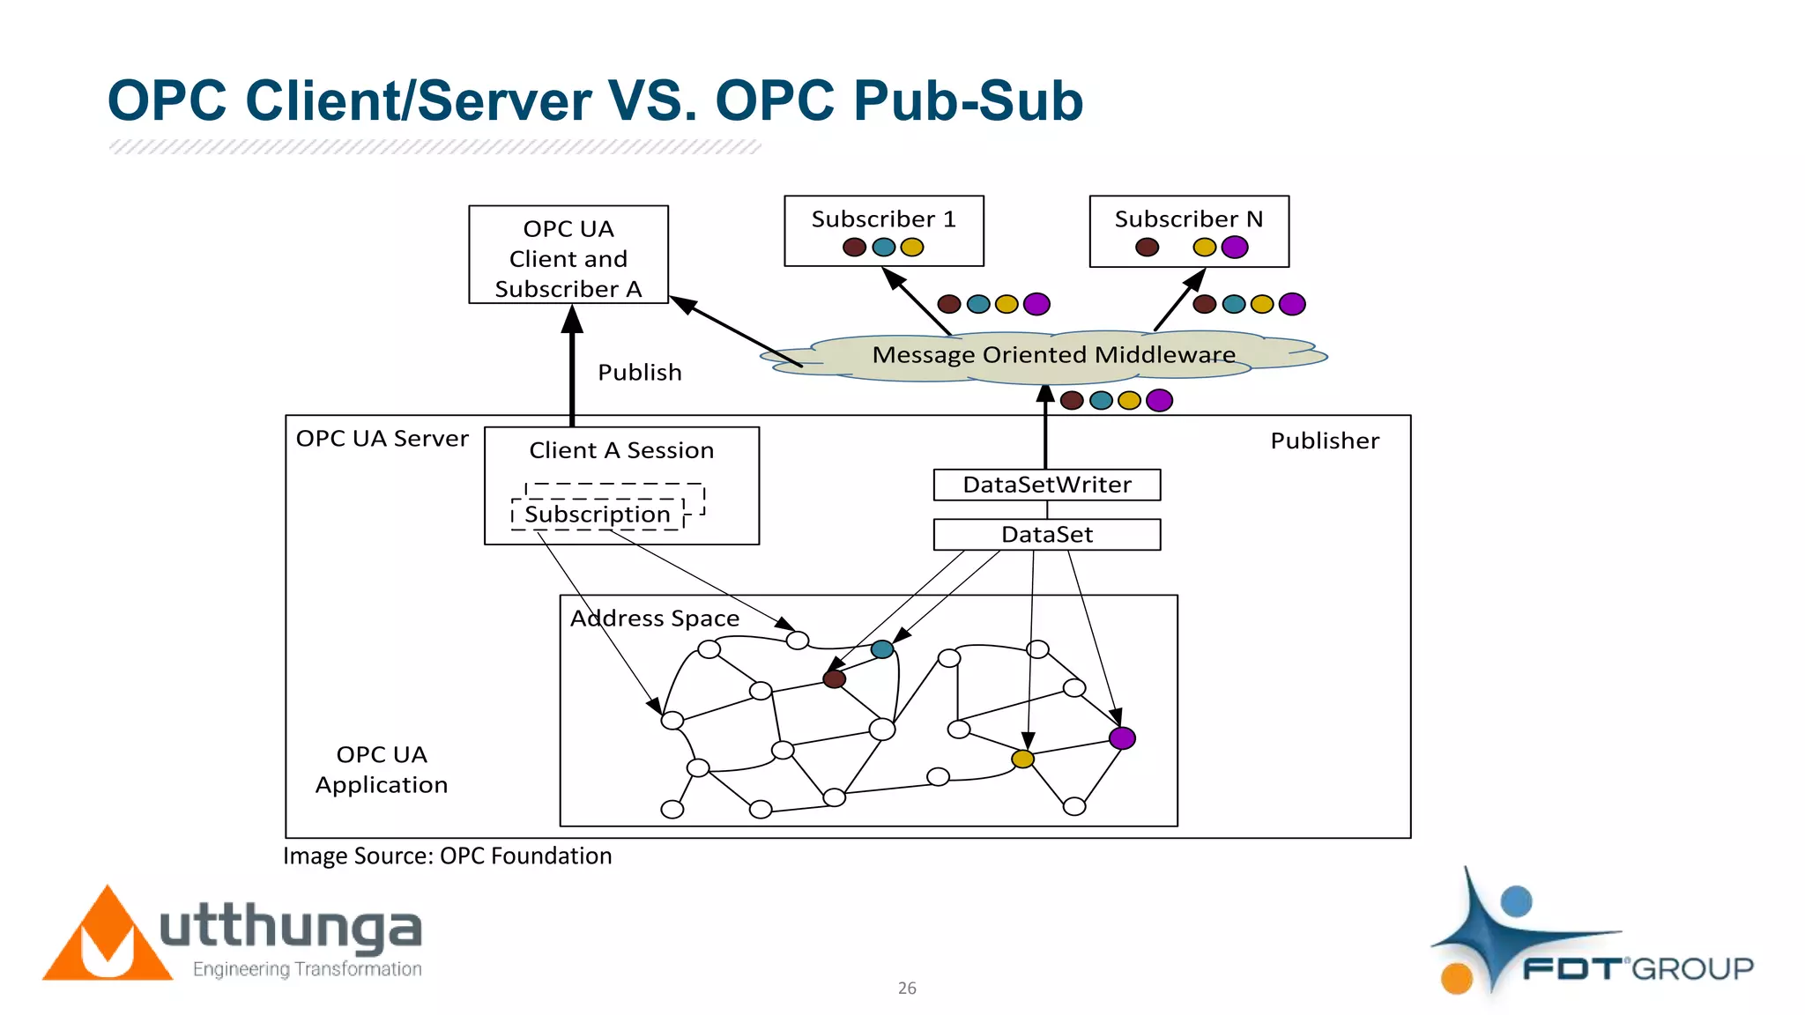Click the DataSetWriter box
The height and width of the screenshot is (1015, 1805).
pos(1046,485)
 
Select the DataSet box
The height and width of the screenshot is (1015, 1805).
pos(1046,535)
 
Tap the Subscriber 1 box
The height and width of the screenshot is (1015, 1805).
pos(883,230)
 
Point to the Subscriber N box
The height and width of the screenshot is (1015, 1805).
pos(1188,231)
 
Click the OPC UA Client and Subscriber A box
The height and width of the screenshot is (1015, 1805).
pos(568,256)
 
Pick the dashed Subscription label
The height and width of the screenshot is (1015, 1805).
pos(598,515)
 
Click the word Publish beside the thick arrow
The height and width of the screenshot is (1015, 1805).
pos(639,373)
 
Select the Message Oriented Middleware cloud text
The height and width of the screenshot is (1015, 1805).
pos(1053,355)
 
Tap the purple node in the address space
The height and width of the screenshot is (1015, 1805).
pos(1122,738)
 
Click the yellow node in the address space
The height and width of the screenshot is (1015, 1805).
pos(1022,759)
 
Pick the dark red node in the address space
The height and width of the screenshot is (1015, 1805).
pos(834,679)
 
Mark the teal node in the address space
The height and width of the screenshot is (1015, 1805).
pos(881,649)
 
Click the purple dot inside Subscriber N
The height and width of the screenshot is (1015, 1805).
pos(1234,248)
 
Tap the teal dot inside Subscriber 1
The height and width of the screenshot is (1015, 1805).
pos(883,248)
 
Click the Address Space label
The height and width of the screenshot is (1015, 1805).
pos(654,619)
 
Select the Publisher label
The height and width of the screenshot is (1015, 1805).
pos(1324,441)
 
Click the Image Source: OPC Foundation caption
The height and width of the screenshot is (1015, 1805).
pos(447,856)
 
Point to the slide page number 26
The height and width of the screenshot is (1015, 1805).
pos(907,989)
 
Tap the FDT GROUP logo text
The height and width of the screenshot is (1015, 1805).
pos(1638,969)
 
